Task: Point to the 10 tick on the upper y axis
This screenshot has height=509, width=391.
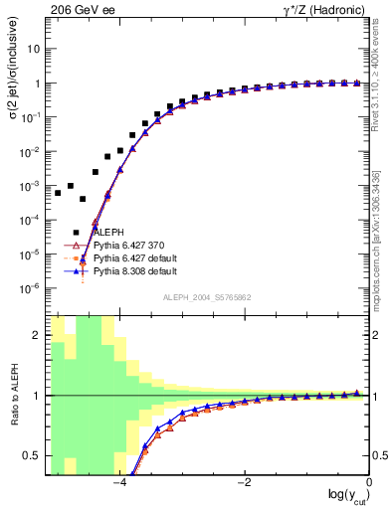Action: click(35, 49)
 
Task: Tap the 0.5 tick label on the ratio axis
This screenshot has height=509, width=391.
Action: click(36, 455)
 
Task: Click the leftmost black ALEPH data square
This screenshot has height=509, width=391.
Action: click(58, 193)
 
